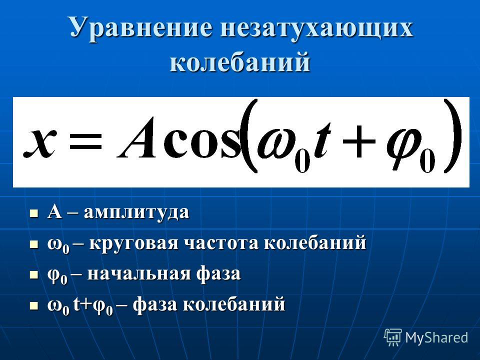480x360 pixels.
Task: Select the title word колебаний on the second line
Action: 240,62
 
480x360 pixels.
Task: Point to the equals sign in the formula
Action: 85,142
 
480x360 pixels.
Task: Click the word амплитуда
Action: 136,212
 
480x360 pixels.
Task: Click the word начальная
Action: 138,273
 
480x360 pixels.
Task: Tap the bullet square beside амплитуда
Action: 34,213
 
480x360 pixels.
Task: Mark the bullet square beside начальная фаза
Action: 34,274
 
